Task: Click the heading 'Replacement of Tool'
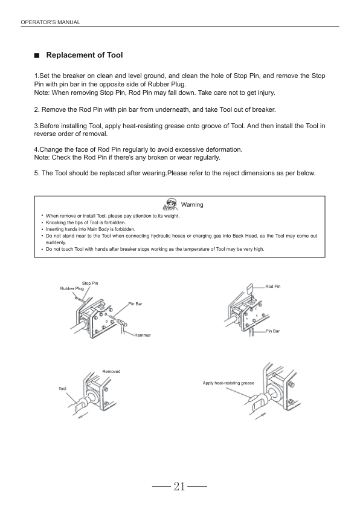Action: coord(85,55)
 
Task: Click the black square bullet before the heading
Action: coord(37,56)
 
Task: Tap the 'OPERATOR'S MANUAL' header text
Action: coord(50,22)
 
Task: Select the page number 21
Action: coord(179,486)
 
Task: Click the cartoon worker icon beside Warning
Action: coord(170,204)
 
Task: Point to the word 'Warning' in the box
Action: coord(192,204)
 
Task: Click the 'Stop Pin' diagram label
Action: coord(90,283)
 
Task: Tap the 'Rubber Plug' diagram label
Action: coord(72,288)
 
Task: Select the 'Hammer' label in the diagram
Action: coord(143,335)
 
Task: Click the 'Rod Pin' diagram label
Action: coord(273,287)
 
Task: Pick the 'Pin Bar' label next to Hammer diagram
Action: coord(135,304)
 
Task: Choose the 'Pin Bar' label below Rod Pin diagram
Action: coord(272,331)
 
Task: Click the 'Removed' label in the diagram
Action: coord(111,371)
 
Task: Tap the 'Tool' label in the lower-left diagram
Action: coord(62,389)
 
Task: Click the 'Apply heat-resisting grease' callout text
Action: coord(228,383)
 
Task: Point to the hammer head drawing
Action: coord(122,323)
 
